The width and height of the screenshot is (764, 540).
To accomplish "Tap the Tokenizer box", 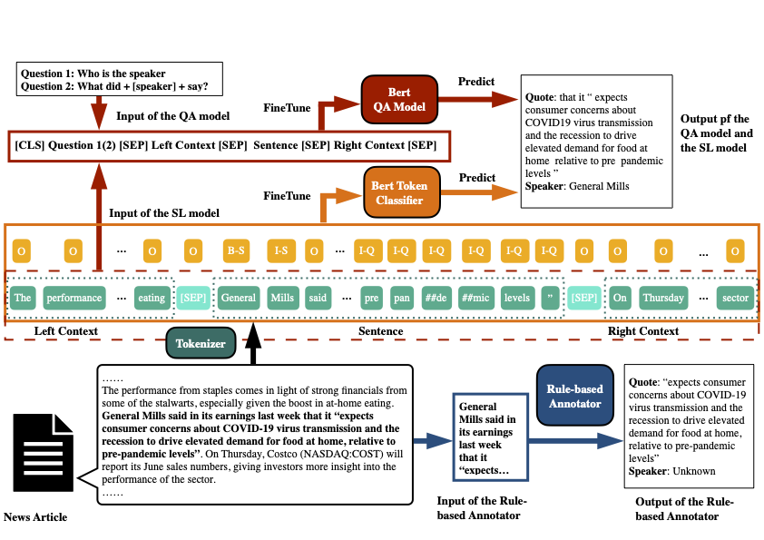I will pyautogui.click(x=201, y=342).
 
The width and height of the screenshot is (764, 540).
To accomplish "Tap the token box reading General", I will pyautogui.click(x=239, y=297).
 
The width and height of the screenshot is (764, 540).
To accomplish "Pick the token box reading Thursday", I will pyautogui.click(x=663, y=297).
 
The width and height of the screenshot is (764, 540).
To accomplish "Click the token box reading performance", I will pyautogui.click(x=74, y=297).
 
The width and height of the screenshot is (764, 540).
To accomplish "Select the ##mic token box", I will pyautogui.click(x=475, y=297).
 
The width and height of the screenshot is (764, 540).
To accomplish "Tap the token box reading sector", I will pyautogui.click(x=734, y=297).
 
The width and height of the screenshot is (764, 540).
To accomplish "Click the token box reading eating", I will pyautogui.click(x=150, y=297).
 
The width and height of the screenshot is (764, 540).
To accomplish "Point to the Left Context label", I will pyautogui.click(x=65, y=331).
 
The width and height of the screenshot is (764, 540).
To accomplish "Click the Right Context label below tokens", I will pyautogui.click(x=643, y=331).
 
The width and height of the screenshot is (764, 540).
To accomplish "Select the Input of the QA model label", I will pyautogui.click(x=173, y=115).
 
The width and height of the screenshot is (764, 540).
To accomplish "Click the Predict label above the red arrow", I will pyautogui.click(x=477, y=83).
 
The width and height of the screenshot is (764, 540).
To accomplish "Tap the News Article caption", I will pyautogui.click(x=35, y=517).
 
